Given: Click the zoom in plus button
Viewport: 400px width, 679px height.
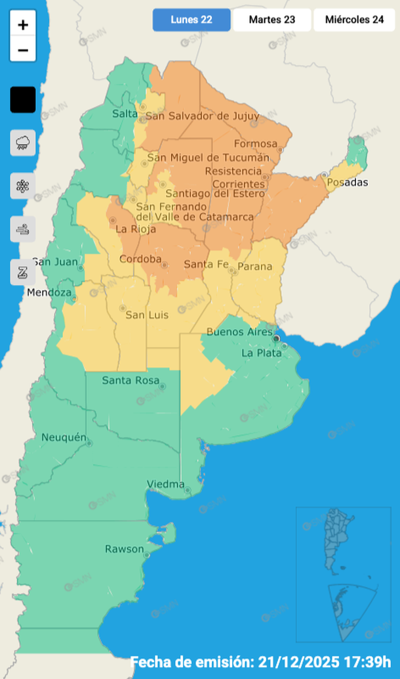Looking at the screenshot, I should (23, 25).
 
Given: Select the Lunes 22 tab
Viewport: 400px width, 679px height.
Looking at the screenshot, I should (191, 20).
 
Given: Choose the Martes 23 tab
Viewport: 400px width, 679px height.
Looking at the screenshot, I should (271, 20).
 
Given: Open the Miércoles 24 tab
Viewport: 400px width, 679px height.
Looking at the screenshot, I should (355, 20).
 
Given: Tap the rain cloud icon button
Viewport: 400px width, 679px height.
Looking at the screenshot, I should (23, 142).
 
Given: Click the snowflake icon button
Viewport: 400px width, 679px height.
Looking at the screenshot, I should (23, 186).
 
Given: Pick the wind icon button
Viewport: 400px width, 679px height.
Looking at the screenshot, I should (23, 229).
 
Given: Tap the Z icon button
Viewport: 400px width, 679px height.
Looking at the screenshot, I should (23, 272).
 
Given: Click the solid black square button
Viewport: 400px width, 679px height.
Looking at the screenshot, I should (23, 100).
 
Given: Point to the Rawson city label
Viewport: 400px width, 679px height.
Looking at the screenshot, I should (124, 549).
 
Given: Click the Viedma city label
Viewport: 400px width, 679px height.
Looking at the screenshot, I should (165, 485).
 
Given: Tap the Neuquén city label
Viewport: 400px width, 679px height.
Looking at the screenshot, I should (64, 437).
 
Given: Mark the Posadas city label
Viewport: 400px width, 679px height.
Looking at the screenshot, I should (348, 182).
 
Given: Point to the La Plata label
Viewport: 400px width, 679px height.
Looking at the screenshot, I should (261, 353).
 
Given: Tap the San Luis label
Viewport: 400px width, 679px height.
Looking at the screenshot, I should (147, 315).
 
